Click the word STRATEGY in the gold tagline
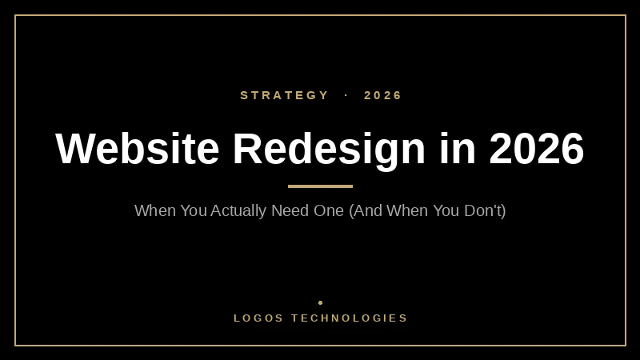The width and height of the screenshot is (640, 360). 285,95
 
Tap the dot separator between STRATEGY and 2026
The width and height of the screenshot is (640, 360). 346,95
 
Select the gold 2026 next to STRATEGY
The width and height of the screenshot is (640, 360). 383,95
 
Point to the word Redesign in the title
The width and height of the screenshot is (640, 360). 329,149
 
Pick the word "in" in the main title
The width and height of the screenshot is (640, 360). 457,149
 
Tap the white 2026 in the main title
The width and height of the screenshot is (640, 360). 537,149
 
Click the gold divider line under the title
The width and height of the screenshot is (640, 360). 320,186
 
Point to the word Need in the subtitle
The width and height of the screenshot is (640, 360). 290,211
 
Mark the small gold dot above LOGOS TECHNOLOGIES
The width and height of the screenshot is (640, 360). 320,302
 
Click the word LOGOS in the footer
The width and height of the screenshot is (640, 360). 258,318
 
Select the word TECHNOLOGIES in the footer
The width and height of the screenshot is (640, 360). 350,318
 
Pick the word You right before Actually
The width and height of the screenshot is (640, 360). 192,211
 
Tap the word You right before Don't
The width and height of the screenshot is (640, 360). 446,211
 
